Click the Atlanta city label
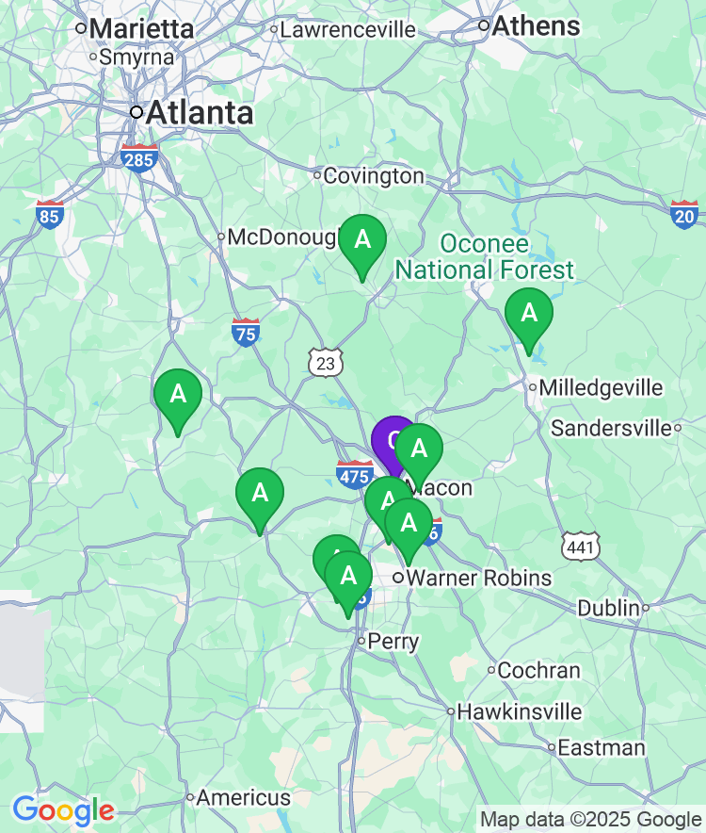pos(200,113)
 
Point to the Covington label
pos(374,176)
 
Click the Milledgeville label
pos(601,387)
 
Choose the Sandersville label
pos(616,429)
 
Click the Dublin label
pos(608,609)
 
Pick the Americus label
pos(244,798)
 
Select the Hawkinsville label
pos(519,712)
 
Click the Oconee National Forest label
pos(484,257)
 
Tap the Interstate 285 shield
pos(137,159)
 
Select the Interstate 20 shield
pos(684,215)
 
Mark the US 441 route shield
pos(580,546)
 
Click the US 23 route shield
pos(326,362)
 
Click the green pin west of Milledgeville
pos(529,315)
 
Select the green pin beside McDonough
pos(362,241)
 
